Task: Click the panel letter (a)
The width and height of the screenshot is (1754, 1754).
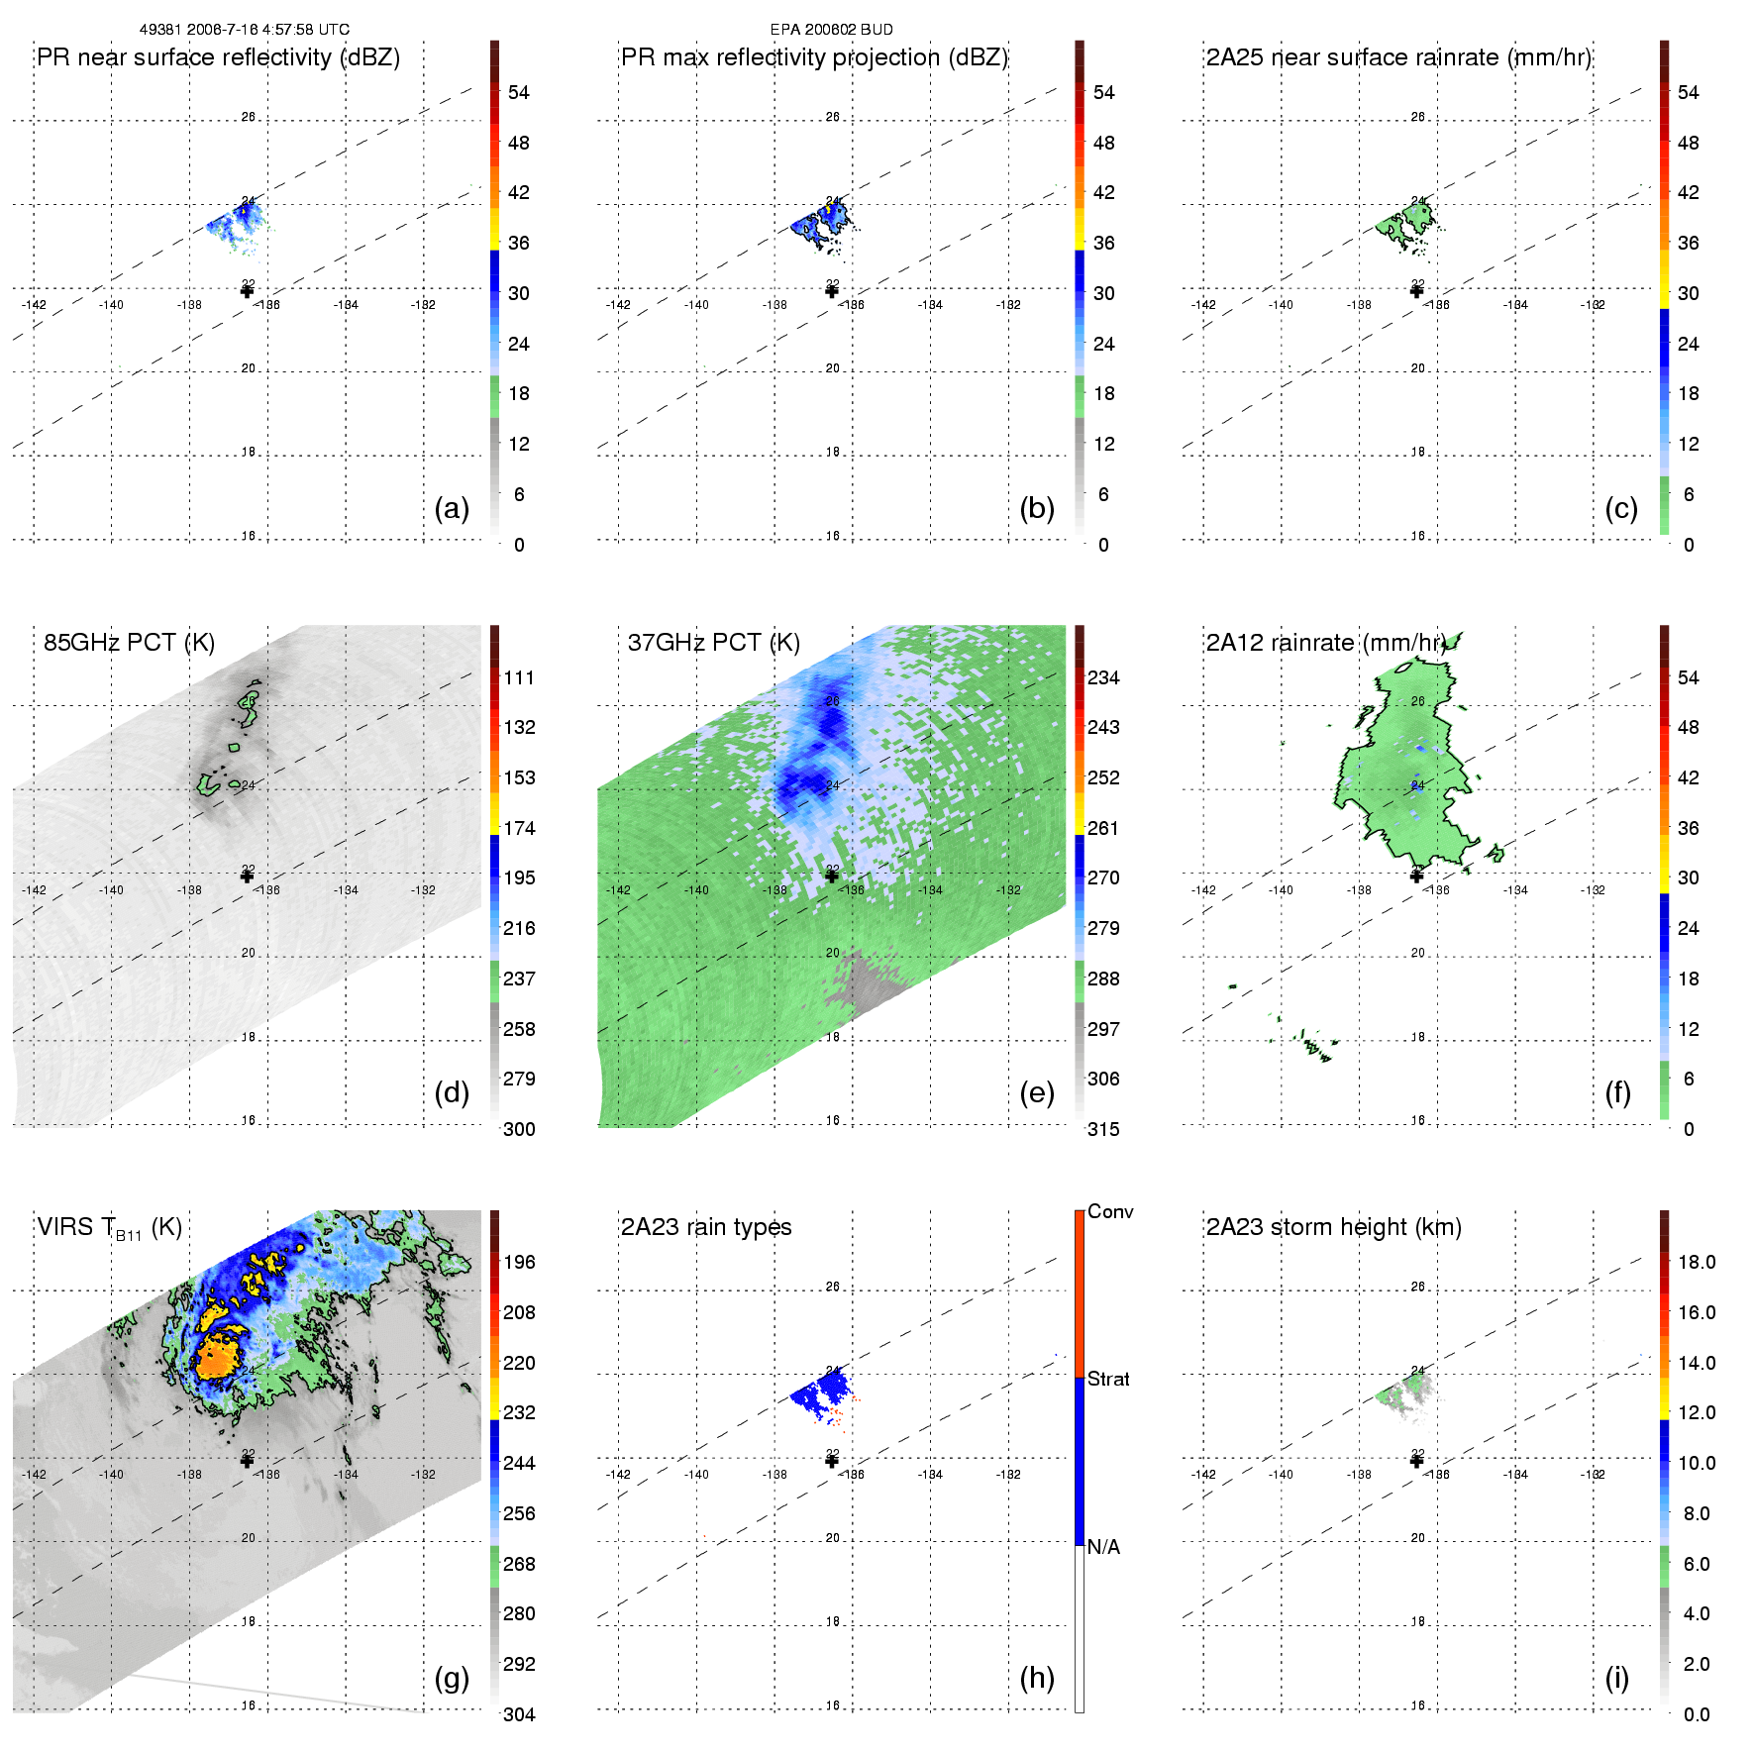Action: (452, 509)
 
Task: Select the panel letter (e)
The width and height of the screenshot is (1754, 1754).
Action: (1037, 1093)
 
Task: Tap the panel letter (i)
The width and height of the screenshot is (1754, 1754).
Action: (1616, 1679)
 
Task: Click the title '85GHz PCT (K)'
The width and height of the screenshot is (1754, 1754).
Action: (129, 643)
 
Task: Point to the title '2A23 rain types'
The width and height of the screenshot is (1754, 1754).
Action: (706, 1227)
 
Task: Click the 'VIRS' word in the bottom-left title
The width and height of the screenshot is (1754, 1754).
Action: (64, 1227)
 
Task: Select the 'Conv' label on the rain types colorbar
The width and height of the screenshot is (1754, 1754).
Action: (1110, 1212)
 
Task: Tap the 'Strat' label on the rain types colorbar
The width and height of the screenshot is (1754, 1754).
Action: (1108, 1380)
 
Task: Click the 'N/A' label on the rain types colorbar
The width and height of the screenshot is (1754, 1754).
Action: (1103, 1547)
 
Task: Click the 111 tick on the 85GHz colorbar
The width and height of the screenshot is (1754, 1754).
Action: (519, 678)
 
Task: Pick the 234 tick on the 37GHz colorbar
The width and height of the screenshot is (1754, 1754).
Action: (1103, 678)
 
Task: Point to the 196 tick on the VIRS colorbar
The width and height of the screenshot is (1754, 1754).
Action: (519, 1263)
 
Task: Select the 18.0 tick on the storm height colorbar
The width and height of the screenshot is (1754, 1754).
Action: (1697, 1263)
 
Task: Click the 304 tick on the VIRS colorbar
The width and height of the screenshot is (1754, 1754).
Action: (519, 1714)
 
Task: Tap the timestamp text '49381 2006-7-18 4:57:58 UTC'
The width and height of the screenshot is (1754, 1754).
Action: (245, 30)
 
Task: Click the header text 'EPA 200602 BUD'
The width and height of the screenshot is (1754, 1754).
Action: (831, 30)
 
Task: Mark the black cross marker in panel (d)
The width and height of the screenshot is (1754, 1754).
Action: (248, 876)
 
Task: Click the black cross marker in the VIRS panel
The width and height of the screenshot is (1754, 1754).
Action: (248, 1461)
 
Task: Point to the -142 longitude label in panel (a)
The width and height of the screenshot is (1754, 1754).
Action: (34, 305)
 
